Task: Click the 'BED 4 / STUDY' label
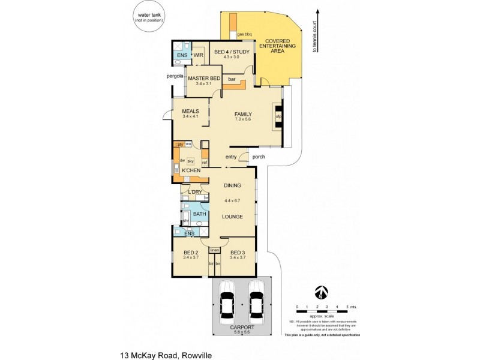(x=231, y=52)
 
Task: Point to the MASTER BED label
(x=203, y=79)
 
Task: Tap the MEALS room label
(x=190, y=111)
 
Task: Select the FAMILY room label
(x=243, y=114)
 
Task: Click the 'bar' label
(x=230, y=79)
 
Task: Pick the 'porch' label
(x=259, y=157)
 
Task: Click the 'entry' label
(x=231, y=157)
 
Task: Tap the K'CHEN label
(x=191, y=170)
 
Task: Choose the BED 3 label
(x=238, y=253)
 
